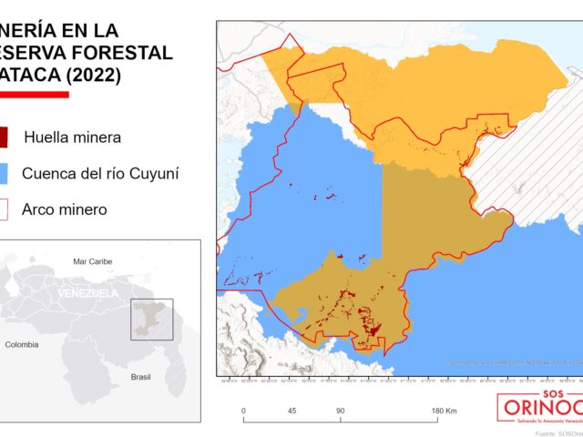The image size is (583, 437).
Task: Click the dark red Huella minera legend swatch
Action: click(x=5, y=137)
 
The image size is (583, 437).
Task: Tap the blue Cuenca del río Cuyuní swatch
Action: click(x=5, y=173)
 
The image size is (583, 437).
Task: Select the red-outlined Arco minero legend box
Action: click(x=5, y=209)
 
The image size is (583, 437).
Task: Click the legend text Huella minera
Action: click(x=72, y=137)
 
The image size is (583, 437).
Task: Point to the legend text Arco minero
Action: click(x=65, y=209)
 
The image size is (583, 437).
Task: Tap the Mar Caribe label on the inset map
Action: click(x=91, y=261)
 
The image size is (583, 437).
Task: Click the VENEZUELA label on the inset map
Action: click(x=87, y=293)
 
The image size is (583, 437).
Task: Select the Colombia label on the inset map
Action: click(x=22, y=345)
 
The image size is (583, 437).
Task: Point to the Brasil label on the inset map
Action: click(x=140, y=376)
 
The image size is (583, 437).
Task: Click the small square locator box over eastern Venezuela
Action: click(x=151, y=319)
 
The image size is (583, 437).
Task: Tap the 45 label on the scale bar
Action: click(x=292, y=412)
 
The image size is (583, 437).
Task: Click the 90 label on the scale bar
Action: click(x=340, y=412)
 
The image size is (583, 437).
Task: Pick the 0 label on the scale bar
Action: click(x=243, y=412)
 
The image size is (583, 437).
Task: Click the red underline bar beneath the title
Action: click(x=34, y=94)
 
